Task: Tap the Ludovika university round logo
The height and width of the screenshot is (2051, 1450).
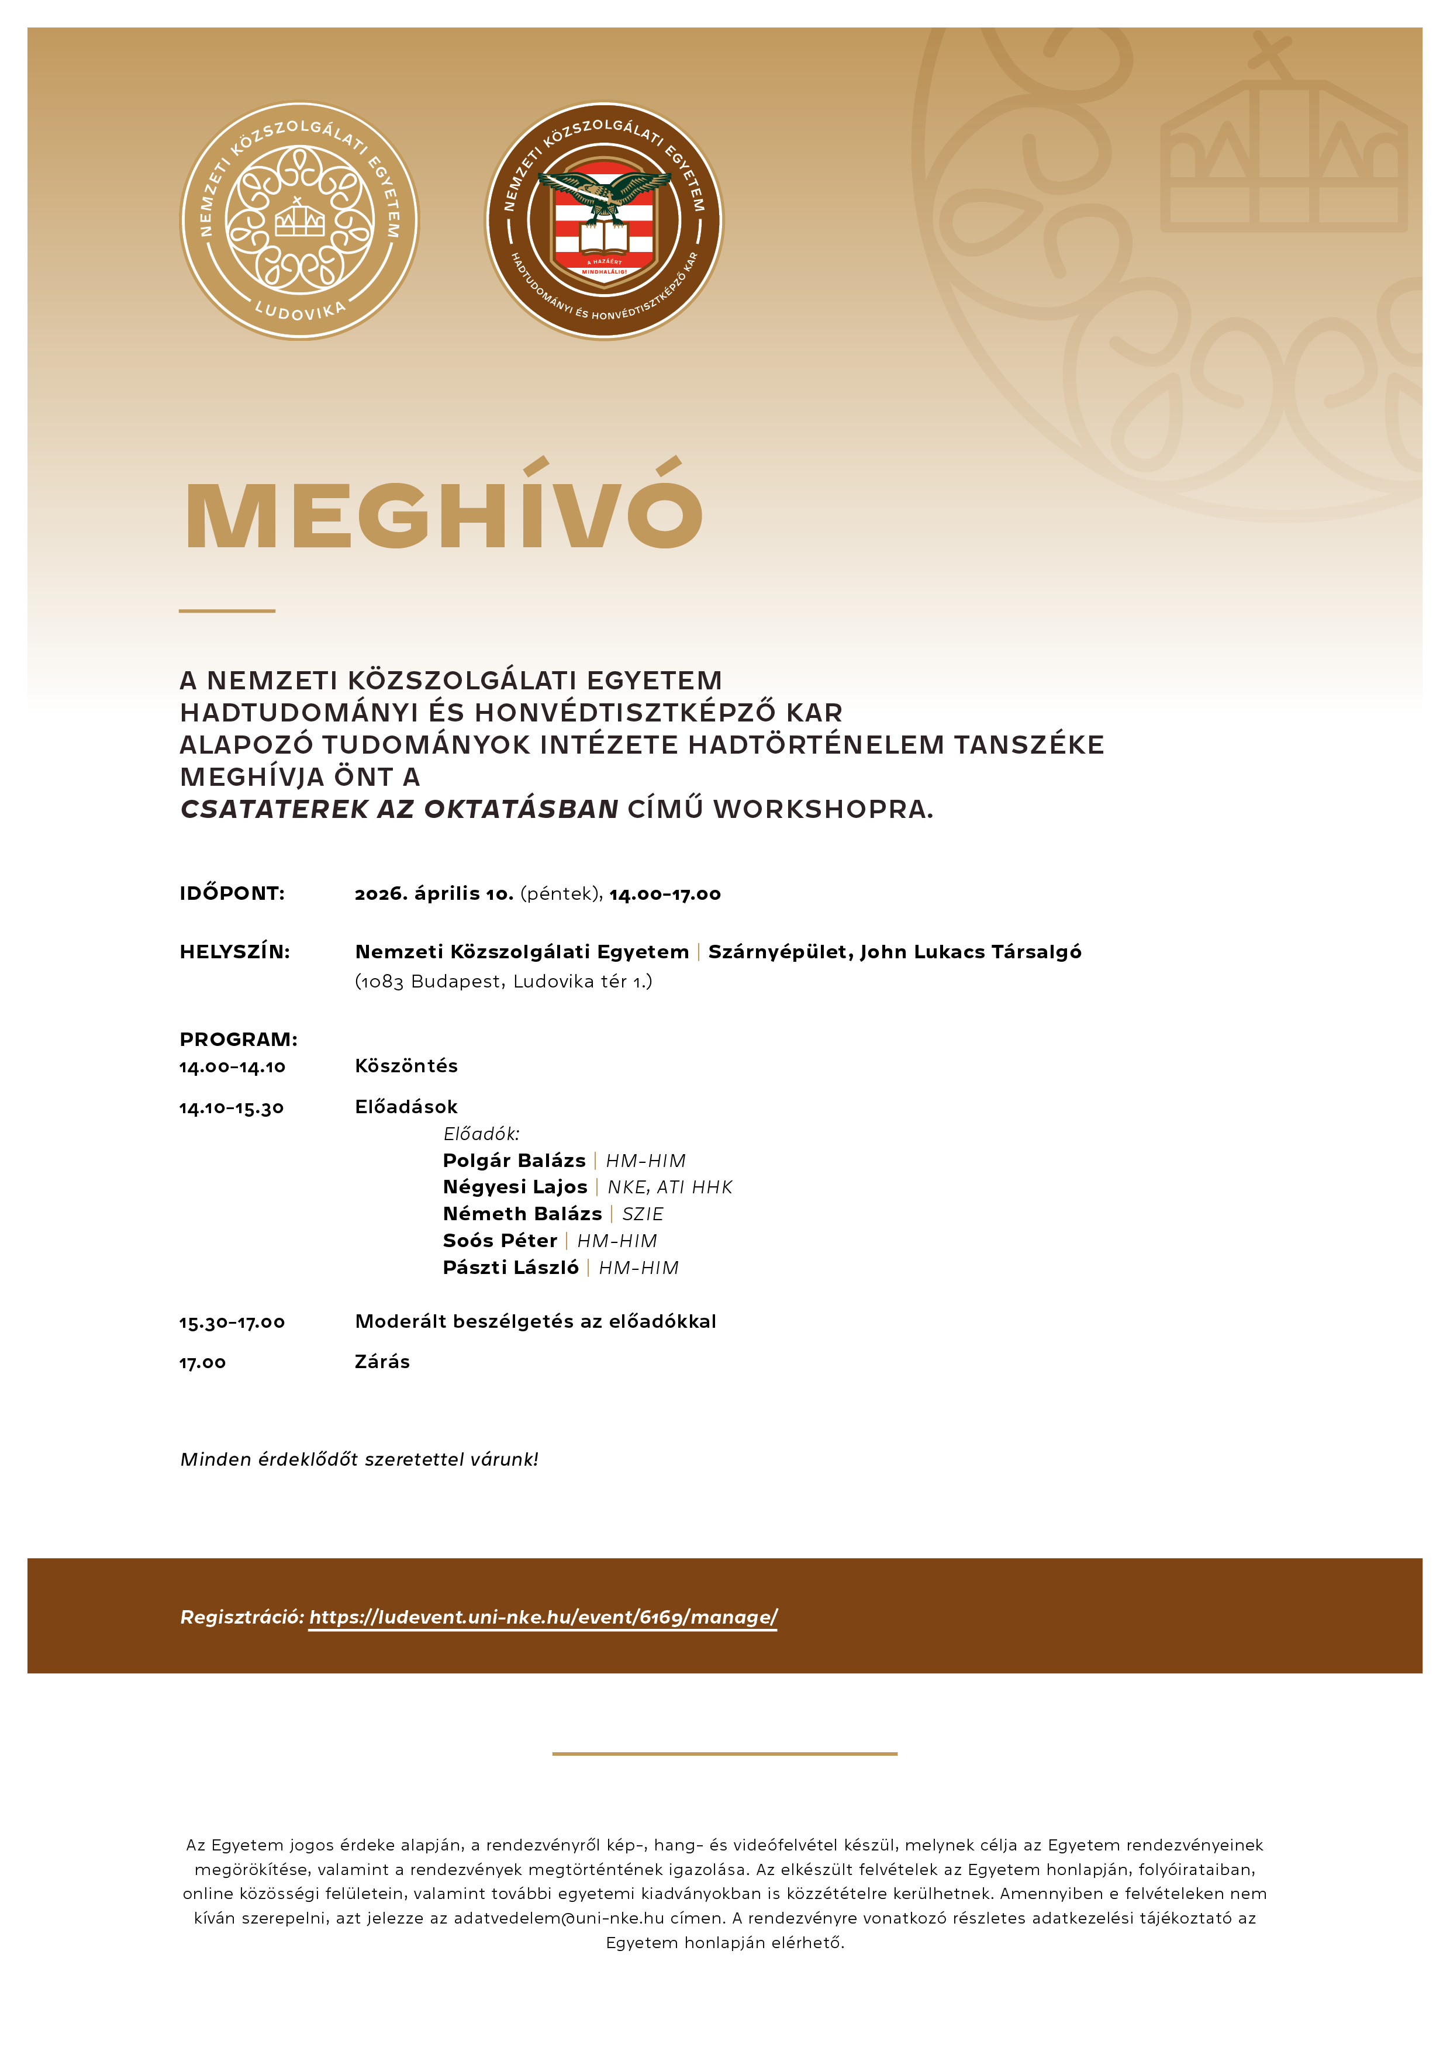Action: point(299,220)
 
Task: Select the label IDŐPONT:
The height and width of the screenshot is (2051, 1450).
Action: point(232,893)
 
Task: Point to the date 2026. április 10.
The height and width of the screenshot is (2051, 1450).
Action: point(434,893)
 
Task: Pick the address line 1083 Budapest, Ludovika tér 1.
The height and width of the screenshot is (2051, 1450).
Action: point(504,982)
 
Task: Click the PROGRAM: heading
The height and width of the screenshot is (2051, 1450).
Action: point(239,1040)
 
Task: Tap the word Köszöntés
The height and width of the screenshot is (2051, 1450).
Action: point(406,1066)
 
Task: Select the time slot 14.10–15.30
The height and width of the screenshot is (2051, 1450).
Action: point(232,1109)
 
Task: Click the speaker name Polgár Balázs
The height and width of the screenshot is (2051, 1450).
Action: point(515,1161)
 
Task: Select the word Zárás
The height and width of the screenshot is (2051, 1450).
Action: point(382,1362)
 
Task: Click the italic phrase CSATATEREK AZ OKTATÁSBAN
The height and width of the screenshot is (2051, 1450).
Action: point(399,809)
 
